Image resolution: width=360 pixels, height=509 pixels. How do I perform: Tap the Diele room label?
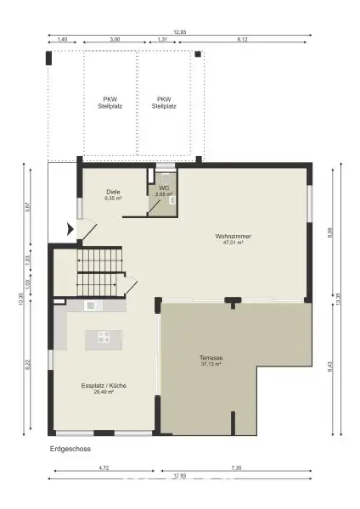[x=114, y=192]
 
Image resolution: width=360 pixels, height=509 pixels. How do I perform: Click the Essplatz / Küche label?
[x=104, y=386]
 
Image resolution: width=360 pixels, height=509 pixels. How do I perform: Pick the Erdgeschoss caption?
[x=70, y=449]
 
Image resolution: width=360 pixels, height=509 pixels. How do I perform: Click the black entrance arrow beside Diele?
[x=70, y=228]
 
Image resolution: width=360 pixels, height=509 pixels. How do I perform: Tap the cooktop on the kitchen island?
[x=103, y=336]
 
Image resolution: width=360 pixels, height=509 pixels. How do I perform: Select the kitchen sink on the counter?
[x=91, y=305]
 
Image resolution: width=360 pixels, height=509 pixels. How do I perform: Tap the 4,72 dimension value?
[x=103, y=467]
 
